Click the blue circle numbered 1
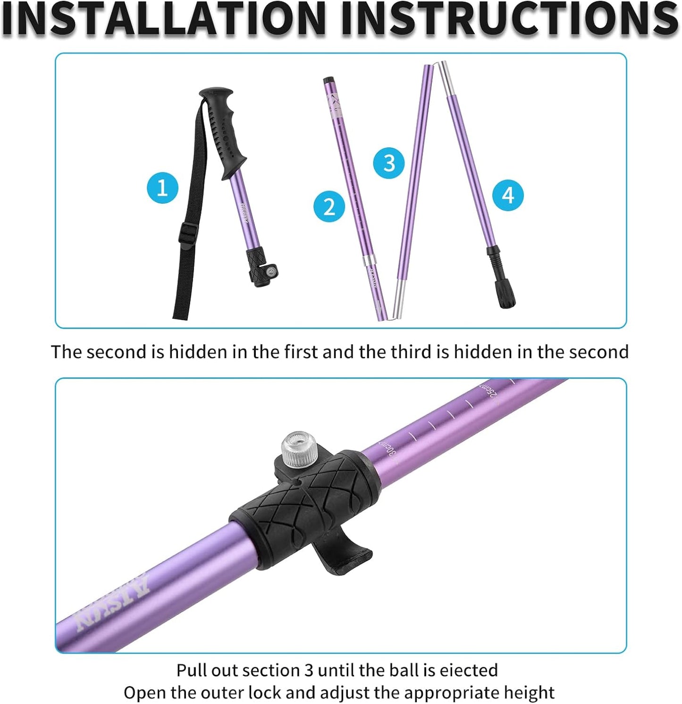point(162,188)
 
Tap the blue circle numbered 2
point(329,207)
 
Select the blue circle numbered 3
point(388,163)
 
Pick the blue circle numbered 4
point(508,195)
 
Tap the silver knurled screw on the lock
point(299,449)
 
